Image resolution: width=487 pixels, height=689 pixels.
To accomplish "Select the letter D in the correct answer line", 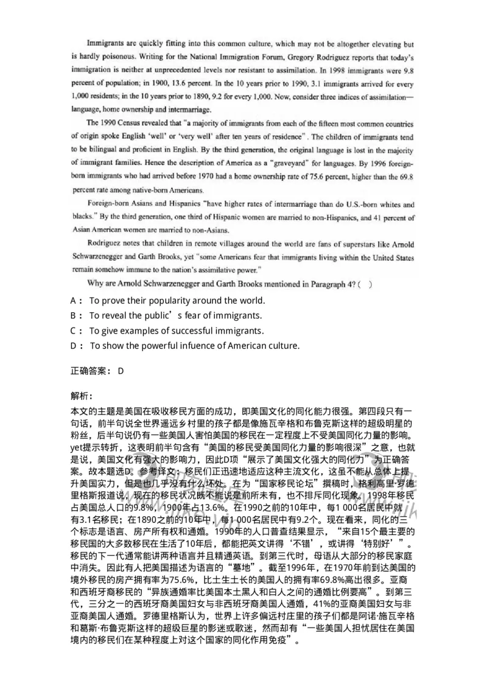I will [121, 371].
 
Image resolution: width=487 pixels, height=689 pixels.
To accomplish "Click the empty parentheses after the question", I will [364, 282].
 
